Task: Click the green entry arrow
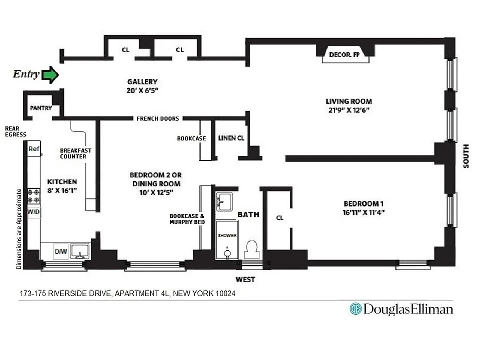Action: pyautogui.click(x=50, y=75)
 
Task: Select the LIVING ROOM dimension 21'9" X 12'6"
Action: pyautogui.click(x=349, y=110)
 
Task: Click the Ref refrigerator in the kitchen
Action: pyautogui.click(x=34, y=149)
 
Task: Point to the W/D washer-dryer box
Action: pyautogui.click(x=34, y=211)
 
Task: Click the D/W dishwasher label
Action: pyautogui.click(x=61, y=252)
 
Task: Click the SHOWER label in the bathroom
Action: pyautogui.click(x=227, y=235)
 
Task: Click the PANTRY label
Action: pyautogui.click(x=41, y=108)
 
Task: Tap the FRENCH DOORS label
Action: pyautogui.click(x=157, y=119)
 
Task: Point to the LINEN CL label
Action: pyautogui.click(x=231, y=138)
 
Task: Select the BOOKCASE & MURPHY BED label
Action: pyautogui.click(x=187, y=219)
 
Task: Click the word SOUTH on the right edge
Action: pyautogui.click(x=466, y=156)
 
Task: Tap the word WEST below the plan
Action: pyautogui.click(x=246, y=279)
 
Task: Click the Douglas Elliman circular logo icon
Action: pyautogui.click(x=355, y=309)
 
